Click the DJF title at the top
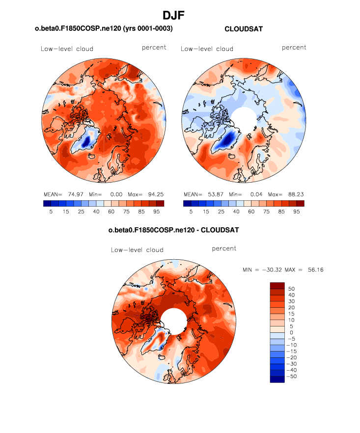click(x=180, y=16)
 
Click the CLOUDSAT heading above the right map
click(x=243, y=29)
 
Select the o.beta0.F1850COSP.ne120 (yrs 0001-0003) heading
click(x=104, y=29)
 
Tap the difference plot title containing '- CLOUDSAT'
click(x=173, y=230)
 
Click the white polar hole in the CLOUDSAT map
click(x=244, y=119)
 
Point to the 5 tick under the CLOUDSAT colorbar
click(x=191, y=211)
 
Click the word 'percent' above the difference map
click(x=224, y=248)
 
